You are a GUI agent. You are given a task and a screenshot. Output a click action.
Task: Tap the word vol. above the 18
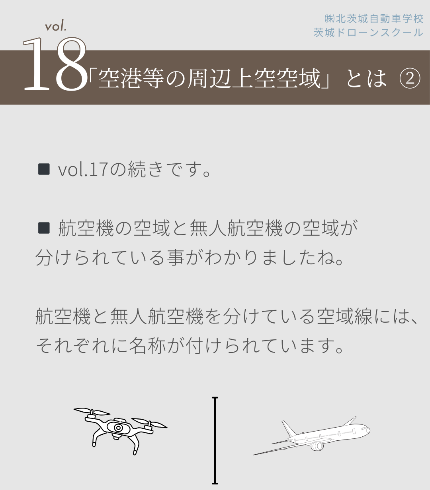tap(55, 26)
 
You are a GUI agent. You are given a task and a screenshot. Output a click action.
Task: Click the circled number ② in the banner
tap(410, 79)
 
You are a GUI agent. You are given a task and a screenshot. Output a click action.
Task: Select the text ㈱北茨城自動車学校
tap(373, 19)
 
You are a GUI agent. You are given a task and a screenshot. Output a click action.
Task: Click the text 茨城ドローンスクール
tap(368, 32)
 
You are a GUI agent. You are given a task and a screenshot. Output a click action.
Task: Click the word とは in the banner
tap(367, 79)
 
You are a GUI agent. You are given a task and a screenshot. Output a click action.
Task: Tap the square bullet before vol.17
tap(44, 169)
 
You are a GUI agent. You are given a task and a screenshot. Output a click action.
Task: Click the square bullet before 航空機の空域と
tap(44, 228)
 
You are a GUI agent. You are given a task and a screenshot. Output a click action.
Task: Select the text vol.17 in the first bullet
tap(82, 169)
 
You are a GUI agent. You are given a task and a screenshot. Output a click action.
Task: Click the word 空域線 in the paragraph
tap(345, 316)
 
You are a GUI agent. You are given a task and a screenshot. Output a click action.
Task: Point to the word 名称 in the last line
tap(147, 346)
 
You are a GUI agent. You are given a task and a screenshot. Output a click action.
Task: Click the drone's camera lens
tap(118, 428)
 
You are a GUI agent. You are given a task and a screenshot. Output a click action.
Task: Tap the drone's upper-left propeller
tap(92, 411)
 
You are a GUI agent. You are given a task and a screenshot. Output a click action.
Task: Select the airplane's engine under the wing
tap(317, 446)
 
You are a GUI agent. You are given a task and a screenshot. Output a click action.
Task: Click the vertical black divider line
tap(215, 441)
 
